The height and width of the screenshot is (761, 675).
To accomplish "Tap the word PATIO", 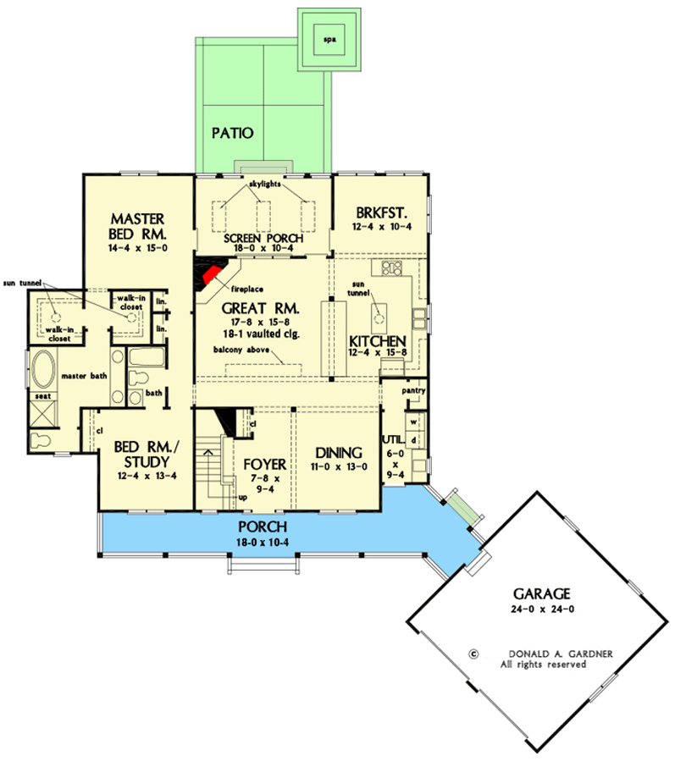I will tap(232, 133).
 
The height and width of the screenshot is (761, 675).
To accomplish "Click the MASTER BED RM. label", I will tap(136, 224).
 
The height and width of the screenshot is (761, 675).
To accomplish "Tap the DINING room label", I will tap(338, 452).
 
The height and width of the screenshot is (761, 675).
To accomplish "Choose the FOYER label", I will tap(264, 465).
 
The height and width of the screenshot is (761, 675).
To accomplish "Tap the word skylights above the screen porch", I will tap(263, 184).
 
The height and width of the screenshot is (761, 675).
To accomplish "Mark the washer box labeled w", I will tap(414, 420).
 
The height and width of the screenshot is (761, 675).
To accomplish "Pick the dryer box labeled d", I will tap(414, 440).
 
